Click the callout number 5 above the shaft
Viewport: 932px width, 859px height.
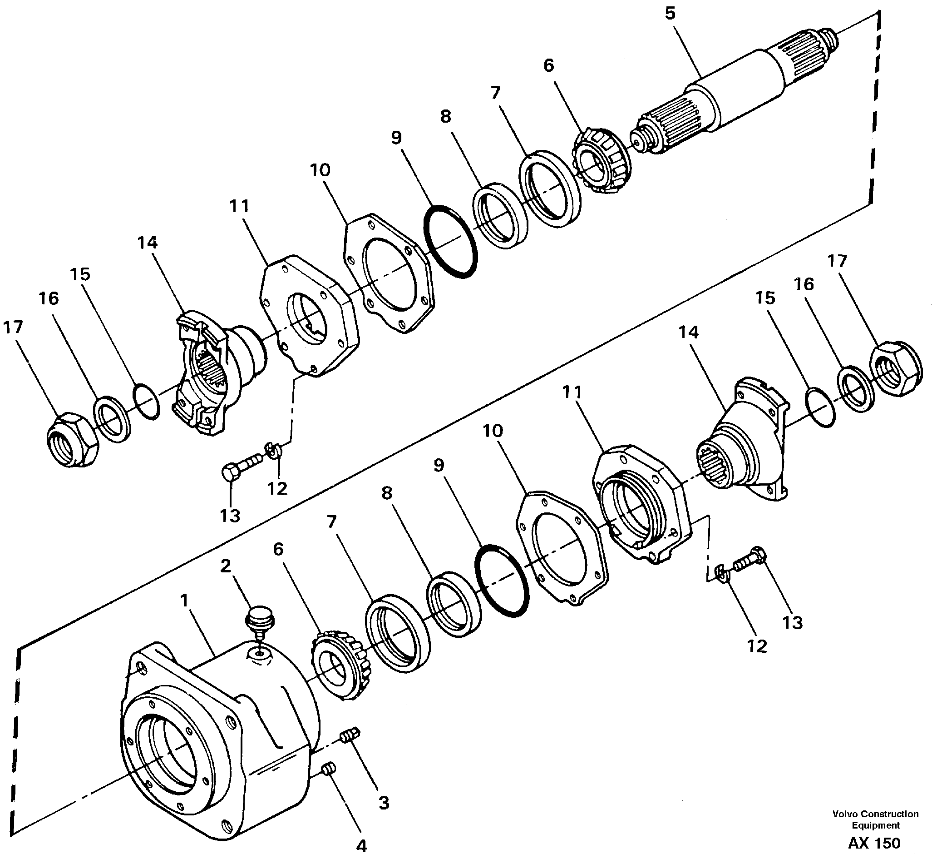click(670, 14)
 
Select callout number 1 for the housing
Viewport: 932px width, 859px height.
click(185, 601)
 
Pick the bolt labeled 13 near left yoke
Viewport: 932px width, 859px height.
click(240, 467)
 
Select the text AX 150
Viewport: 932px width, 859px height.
click(874, 843)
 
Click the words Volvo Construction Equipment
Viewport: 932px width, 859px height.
click(875, 819)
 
